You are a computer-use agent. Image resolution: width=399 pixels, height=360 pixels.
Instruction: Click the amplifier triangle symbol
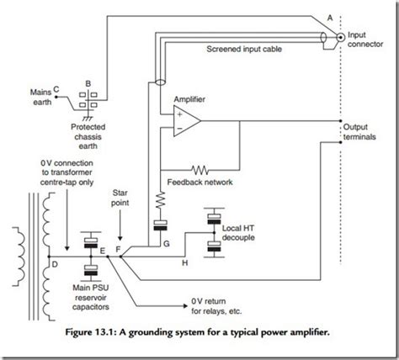tap(184, 123)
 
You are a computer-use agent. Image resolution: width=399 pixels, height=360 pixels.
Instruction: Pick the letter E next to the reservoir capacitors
tap(102, 250)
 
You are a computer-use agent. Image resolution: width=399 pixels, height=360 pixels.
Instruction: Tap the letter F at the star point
tap(117, 250)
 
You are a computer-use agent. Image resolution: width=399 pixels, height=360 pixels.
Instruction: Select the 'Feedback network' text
tap(200, 182)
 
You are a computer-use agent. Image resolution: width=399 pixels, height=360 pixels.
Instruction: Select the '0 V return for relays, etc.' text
tap(209, 305)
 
